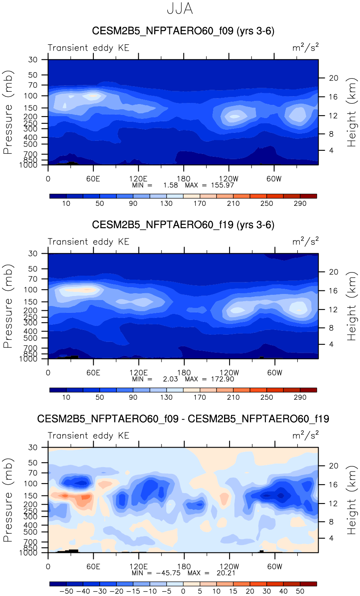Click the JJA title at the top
pos(180,9)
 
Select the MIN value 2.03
pos(171,379)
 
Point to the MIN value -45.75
pos(168,573)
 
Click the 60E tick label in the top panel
pos(93,179)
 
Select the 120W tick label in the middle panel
pos(229,373)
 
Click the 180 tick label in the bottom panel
pos(184,566)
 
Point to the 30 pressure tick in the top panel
pos(33,59)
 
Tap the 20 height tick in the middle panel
pos(333,272)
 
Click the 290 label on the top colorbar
pos(300,203)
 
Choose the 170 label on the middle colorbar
pos(200,397)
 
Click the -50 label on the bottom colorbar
pos(67,591)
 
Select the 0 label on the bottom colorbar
pos(183,591)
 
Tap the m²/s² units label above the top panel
pos(305,48)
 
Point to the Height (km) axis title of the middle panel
pos(351,306)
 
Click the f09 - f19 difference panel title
pos(183,418)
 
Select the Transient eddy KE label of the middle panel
pos(89,242)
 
